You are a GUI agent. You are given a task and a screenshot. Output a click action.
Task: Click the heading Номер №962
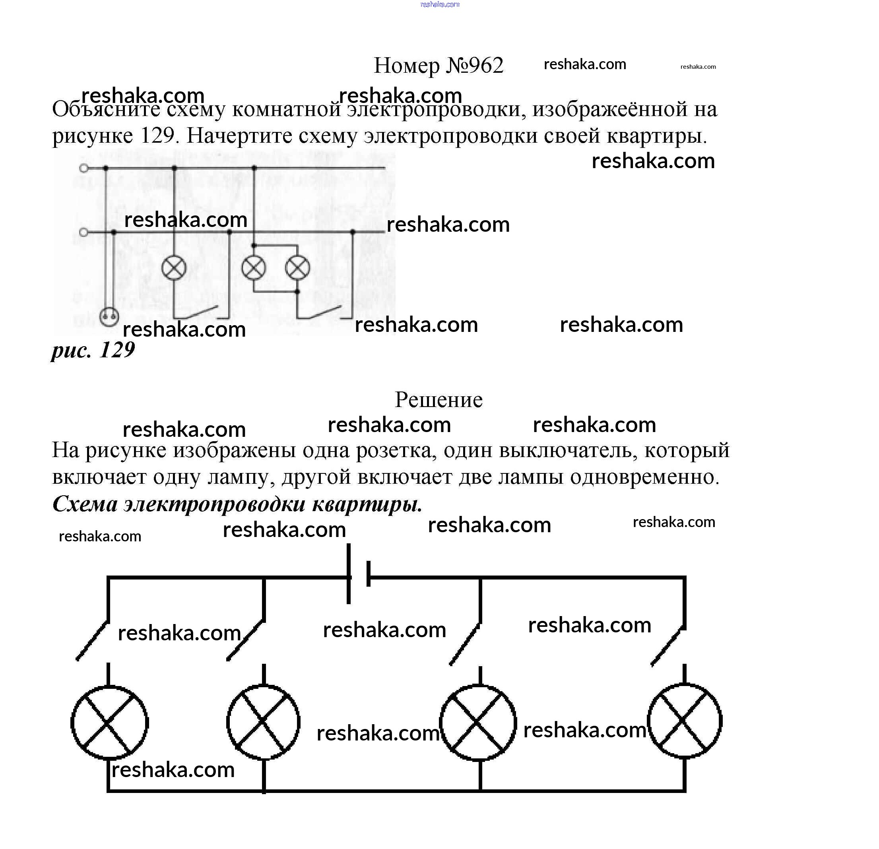(438, 66)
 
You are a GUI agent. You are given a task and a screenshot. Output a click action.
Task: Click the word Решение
(438, 399)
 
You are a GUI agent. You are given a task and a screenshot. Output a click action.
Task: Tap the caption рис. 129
(93, 350)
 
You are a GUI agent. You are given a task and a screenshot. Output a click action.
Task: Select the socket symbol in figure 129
(109, 316)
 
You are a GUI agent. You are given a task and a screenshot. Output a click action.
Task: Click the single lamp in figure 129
(174, 268)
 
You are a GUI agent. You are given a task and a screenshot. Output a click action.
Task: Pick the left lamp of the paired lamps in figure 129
(253, 268)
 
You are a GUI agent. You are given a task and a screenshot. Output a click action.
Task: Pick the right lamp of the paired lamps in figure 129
(297, 268)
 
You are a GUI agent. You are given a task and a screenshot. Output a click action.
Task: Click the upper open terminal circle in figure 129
(83, 168)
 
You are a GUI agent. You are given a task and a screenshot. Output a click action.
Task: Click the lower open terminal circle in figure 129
(83, 232)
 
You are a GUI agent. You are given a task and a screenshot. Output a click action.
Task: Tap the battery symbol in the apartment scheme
(358, 574)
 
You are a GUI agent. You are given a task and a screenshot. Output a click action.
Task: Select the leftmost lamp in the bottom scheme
(109, 722)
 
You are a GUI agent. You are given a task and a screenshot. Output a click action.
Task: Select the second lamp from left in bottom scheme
(263, 721)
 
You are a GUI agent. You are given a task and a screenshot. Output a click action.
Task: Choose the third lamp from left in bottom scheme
(478, 722)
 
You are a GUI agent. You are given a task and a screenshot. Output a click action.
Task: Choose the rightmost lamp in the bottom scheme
(684, 721)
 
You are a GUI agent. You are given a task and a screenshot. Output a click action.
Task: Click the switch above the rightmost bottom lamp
(668, 645)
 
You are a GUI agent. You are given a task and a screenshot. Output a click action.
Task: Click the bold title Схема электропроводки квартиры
(237, 504)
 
